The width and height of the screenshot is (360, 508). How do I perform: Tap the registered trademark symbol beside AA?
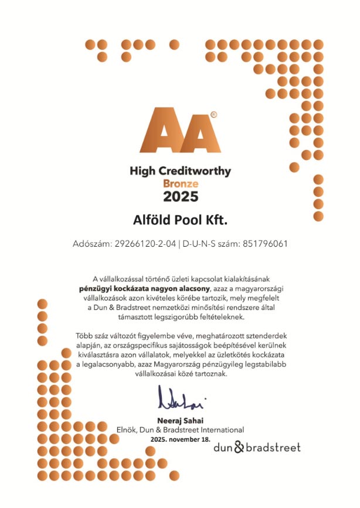[x=213, y=115]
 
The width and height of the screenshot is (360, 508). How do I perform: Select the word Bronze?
[x=180, y=183]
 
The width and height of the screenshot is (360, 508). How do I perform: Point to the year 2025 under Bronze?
[x=180, y=196]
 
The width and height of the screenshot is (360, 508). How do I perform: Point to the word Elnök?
[x=127, y=430]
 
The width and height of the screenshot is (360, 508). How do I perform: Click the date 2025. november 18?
[x=179, y=439]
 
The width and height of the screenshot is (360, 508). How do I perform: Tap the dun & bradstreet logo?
[x=257, y=448]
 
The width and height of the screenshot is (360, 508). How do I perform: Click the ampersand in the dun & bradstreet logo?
[x=238, y=448]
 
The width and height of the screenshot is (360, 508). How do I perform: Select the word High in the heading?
[x=142, y=172]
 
